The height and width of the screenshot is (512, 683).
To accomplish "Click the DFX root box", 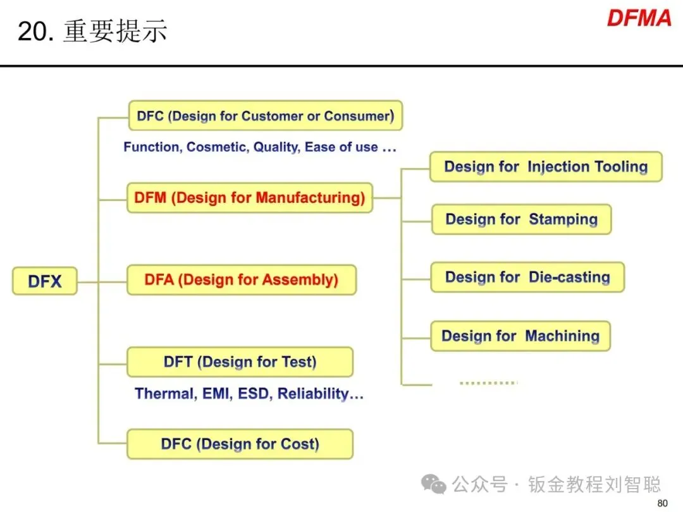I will click(x=45, y=281).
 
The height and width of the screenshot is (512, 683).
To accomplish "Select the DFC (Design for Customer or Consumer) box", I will click(x=266, y=116).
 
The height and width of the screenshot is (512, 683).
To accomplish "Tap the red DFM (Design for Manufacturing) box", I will click(x=250, y=198).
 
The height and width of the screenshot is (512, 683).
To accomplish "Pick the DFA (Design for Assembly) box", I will click(x=242, y=280).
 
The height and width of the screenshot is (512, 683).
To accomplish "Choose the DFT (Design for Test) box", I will click(x=240, y=362).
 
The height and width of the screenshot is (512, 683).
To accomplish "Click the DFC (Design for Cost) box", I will click(x=240, y=444).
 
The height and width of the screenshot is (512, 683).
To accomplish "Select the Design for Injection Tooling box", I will click(x=546, y=167).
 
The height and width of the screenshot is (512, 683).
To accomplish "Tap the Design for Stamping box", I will click(x=521, y=219).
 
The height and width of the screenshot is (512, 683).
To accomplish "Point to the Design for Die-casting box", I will click(x=527, y=277).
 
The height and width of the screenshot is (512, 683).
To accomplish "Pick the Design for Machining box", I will click(x=520, y=336).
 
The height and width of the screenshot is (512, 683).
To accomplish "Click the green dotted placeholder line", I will click(x=488, y=382).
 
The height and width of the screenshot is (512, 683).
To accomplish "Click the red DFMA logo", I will click(x=639, y=18).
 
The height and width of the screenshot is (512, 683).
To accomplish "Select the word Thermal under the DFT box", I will click(x=164, y=394).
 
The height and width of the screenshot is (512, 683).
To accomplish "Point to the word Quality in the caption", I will click(x=276, y=147).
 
